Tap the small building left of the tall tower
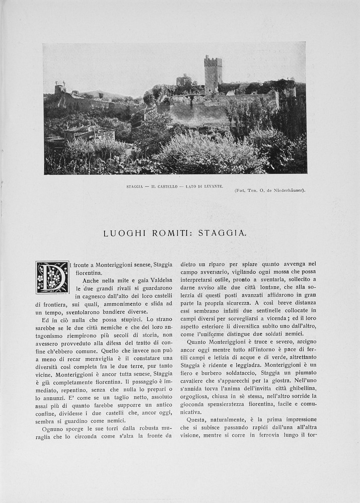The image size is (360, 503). coord(184,80)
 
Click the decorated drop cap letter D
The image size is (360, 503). coord(52,277)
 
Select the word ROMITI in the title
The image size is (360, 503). coord(167,233)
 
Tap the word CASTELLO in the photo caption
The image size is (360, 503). coord(168,186)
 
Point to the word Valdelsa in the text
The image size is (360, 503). coord(157,281)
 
